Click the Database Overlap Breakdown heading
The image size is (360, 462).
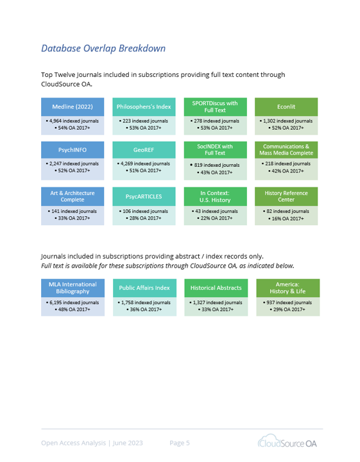click(x=103, y=48)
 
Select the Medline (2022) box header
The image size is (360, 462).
click(x=73, y=107)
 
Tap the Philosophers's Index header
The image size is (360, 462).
click(x=144, y=107)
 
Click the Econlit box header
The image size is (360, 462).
click(x=286, y=107)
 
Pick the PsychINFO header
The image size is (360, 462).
click(x=73, y=150)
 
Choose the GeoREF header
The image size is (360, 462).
click(x=144, y=150)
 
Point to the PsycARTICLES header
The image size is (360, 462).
click(x=144, y=196)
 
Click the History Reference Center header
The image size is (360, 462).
click(x=286, y=196)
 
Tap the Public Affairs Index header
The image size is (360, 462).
click(x=144, y=288)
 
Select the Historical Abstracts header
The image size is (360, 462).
click(x=216, y=288)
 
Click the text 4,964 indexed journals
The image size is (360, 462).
click(x=74, y=121)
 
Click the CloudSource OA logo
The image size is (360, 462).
click(x=287, y=441)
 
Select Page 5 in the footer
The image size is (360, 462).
click(x=180, y=443)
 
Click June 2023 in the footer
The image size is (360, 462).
click(x=128, y=443)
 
